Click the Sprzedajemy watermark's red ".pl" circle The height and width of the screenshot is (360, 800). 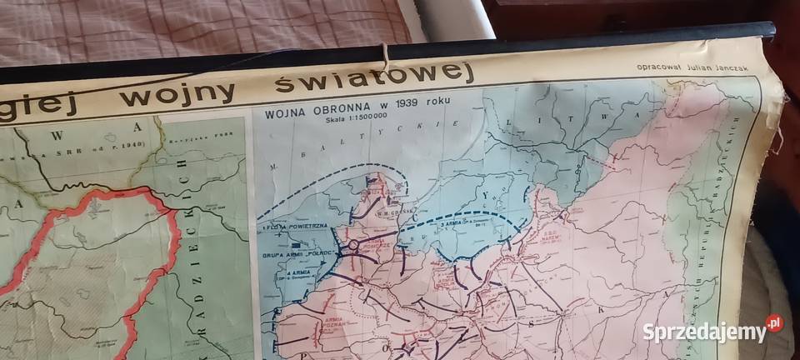(774, 323)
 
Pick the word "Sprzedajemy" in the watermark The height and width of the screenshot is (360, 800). (703, 332)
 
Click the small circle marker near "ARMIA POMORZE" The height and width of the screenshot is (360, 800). (353, 245)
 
